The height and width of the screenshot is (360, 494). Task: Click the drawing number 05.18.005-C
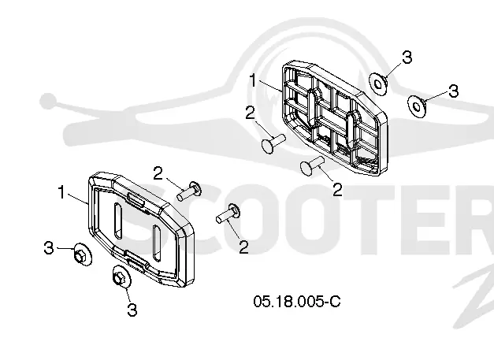tap(297, 302)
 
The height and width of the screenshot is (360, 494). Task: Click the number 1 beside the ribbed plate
tap(253, 80)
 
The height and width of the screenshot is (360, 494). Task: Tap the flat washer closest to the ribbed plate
tap(378, 84)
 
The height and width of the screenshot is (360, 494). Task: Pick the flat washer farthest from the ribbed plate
tap(417, 106)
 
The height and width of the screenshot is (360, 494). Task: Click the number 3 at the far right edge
tap(453, 91)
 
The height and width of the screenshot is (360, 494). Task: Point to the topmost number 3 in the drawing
tap(407, 58)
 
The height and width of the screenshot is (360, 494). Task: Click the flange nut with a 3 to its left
tap(82, 254)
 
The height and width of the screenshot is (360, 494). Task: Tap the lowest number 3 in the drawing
tap(132, 310)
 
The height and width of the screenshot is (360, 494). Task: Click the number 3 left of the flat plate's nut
tap(49, 247)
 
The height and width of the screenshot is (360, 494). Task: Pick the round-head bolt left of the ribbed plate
tap(273, 143)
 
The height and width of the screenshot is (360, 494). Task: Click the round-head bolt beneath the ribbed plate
tap(312, 165)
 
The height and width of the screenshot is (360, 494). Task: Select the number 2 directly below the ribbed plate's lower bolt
tap(337, 190)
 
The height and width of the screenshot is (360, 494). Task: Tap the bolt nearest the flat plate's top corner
tap(189, 191)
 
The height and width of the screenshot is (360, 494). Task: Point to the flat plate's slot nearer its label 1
tap(118, 220)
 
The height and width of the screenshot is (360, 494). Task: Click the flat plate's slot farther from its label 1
tap(157, 242)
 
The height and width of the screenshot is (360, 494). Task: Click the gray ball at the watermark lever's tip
tap(47, 101)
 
